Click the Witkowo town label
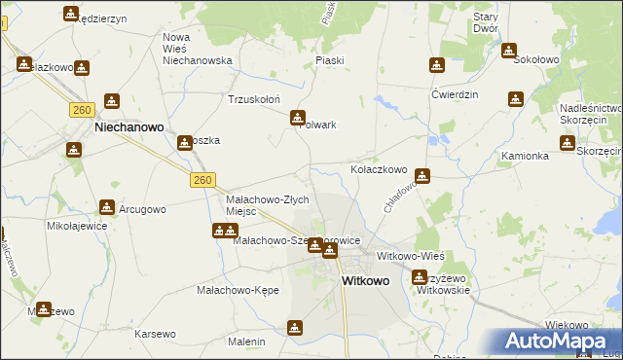[364, 280]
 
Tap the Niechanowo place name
[128, 126]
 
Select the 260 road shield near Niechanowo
[81, 110]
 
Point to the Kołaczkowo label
[378, 169]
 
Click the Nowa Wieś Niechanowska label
[197, 49]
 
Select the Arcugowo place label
[142, 209]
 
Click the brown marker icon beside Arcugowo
[106, 207]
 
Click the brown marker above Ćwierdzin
[437, 66]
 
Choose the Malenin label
[246, 342]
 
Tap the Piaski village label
[330, 60]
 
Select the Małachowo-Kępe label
[238, 290]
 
